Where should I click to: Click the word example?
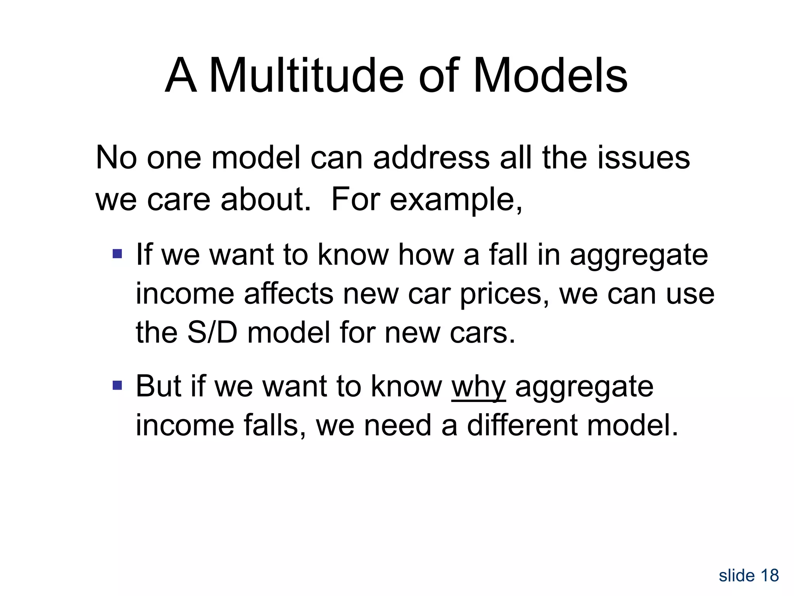point(456,200)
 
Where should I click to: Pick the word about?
point(266,199)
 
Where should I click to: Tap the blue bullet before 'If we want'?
point(117,255)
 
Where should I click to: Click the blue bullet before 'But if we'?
point(117,386)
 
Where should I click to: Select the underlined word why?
point(478,387)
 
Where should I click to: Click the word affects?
point(288,294)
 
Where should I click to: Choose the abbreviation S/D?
point(212,333)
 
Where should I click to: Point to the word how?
point(426,255)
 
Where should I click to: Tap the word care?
point(178,200)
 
